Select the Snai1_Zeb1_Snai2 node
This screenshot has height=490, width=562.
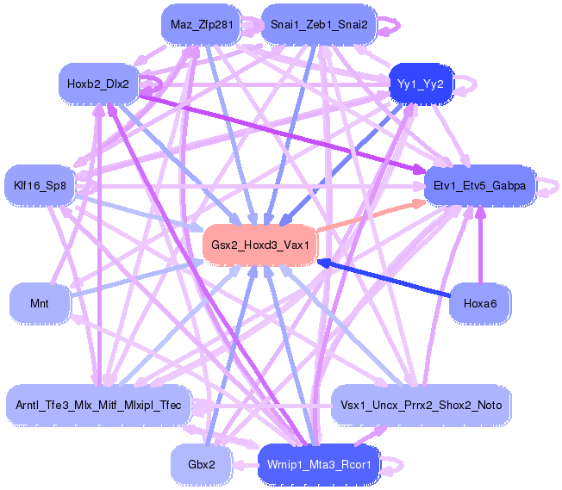[318, 24]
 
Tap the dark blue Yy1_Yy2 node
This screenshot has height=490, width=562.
[421, 84]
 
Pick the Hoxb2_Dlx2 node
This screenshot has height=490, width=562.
[97, 84]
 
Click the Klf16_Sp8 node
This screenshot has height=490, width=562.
[41, 184]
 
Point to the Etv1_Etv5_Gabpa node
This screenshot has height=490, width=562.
[480, 184]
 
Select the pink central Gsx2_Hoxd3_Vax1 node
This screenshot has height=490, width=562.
[259, 245]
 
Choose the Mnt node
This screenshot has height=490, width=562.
[39, 303]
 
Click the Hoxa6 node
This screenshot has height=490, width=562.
[480, 303]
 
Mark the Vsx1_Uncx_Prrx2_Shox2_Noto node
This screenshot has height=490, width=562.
[421, 404]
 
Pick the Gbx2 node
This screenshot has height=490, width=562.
[201, 463]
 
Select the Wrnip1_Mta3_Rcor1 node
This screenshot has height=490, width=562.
[318, 463]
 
